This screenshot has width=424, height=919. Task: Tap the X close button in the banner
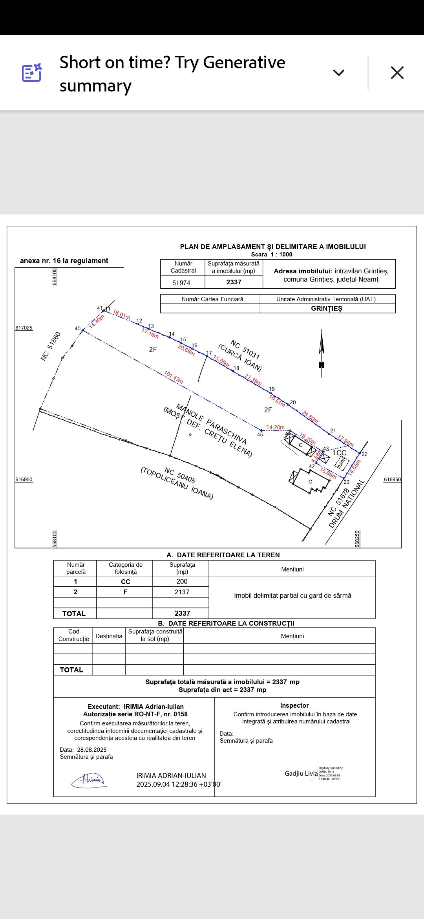pos(397,73)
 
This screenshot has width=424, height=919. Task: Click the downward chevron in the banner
pos(338,73)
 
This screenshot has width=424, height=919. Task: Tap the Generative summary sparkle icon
pos(32,73)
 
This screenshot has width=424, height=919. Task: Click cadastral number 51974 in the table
pos(181,283)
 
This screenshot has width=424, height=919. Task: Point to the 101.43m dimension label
pos(174,377)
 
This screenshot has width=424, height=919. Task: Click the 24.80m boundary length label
pos(310,416)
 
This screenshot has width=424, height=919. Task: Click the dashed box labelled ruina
pos(342,463)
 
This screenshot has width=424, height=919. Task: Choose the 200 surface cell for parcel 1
pos(182,581)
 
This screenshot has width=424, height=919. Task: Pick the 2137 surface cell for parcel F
pos(182,592)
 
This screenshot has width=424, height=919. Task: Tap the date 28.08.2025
pos(92,749)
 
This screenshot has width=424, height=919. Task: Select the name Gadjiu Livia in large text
pos(301,773)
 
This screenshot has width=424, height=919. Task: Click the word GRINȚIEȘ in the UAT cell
pos(327,308)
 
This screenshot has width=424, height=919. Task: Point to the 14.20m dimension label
pos(275,427)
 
